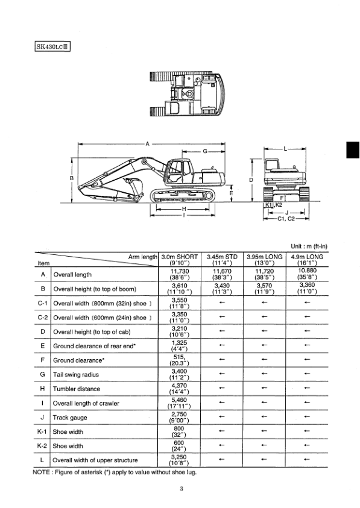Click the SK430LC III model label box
click(x=53, y=46)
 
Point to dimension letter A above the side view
click(x=147, y=143)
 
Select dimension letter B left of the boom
click(x=72, y=179)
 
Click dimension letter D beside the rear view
click(x=250, y=180)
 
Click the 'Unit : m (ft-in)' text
click(x=309, y=246)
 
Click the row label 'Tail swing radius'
click(x=77, y=374)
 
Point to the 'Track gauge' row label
click(x=71, y=418)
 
